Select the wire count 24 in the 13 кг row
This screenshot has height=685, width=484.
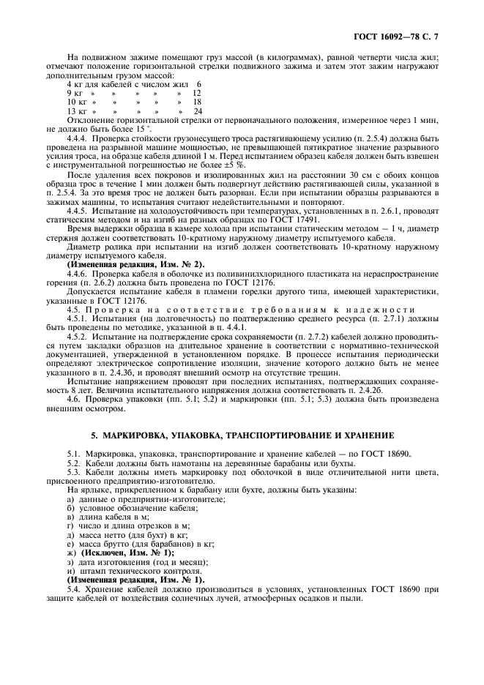click(x=197, y=111)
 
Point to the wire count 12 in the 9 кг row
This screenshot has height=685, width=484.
click(x=196, y=94)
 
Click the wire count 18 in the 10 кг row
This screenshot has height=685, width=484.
click(x=197, y=102)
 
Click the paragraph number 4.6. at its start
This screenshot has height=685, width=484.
click(x=74, y=398)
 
